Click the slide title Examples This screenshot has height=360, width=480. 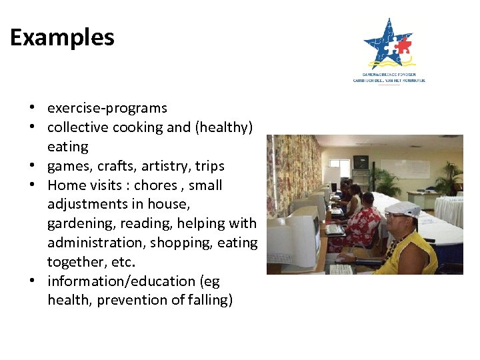coord(62,37)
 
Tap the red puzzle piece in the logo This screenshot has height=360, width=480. coord(402,45)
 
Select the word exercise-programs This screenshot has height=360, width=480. coord(107,108)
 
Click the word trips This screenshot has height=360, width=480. coord(210,166)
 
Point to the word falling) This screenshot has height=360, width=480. coord(209,301)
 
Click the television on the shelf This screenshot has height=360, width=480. coord(361,162)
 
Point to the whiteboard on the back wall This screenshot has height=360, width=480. coord(404,167)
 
